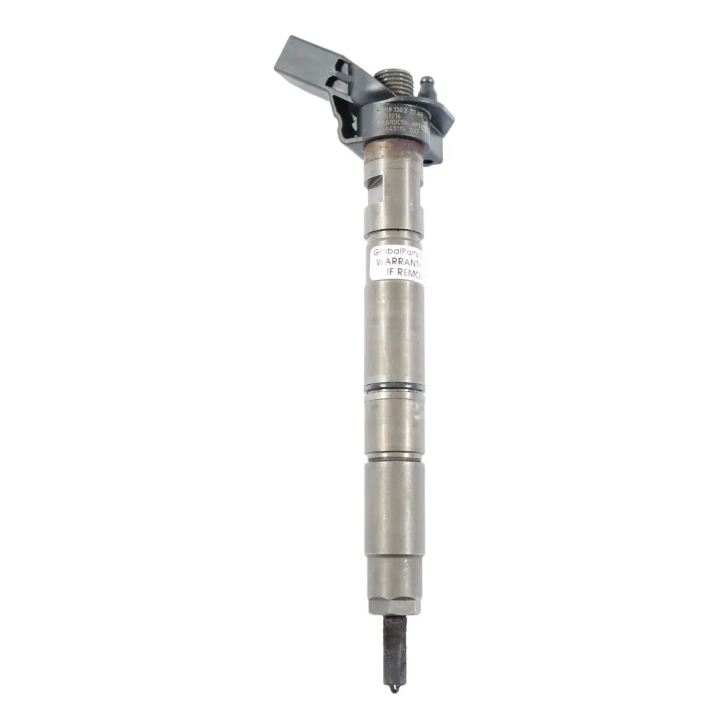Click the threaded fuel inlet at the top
coord(394,85)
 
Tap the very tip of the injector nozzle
coord(394,689)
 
